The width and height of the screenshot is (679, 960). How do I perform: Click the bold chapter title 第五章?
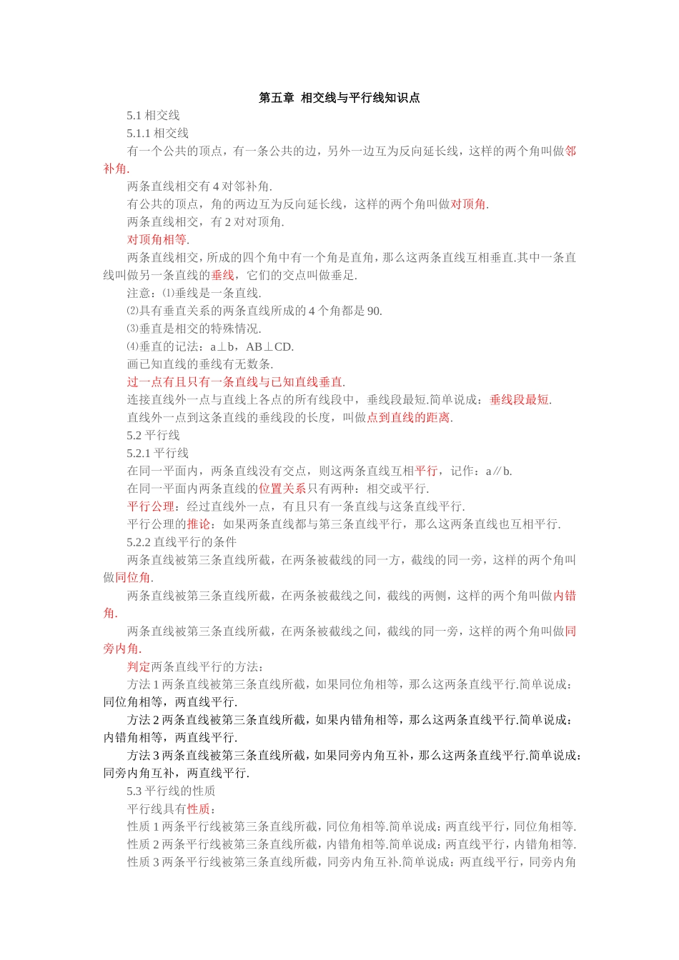pos(277,98)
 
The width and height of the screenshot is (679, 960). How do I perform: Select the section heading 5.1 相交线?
pos(153,116)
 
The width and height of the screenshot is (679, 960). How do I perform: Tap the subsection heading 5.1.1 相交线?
pos(158,134)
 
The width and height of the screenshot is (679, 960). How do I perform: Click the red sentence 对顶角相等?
pos(157,240)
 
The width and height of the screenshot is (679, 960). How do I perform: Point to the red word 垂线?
pos(222,276)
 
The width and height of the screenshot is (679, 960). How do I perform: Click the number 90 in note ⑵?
pos(374,311)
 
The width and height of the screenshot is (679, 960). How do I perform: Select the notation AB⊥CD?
pos(269,347)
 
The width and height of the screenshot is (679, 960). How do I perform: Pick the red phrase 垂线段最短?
pos(520,400)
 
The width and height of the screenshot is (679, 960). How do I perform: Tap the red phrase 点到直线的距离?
pos(408,418)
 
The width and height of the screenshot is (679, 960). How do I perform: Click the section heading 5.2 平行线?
pos(153,436)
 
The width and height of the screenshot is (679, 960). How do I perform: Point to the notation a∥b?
pos(498,471)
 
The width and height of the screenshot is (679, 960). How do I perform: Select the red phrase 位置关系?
pos(282,489)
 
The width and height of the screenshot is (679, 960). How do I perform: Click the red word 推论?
pos(199,524)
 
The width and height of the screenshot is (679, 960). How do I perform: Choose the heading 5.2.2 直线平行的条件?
pos(182,542)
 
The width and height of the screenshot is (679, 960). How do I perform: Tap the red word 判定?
pos(139,667)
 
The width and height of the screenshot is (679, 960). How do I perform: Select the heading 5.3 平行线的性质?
pos(171,791)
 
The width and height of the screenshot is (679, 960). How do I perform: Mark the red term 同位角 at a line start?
pos(132,578)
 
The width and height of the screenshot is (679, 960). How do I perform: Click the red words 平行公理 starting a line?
pos(151,507)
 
